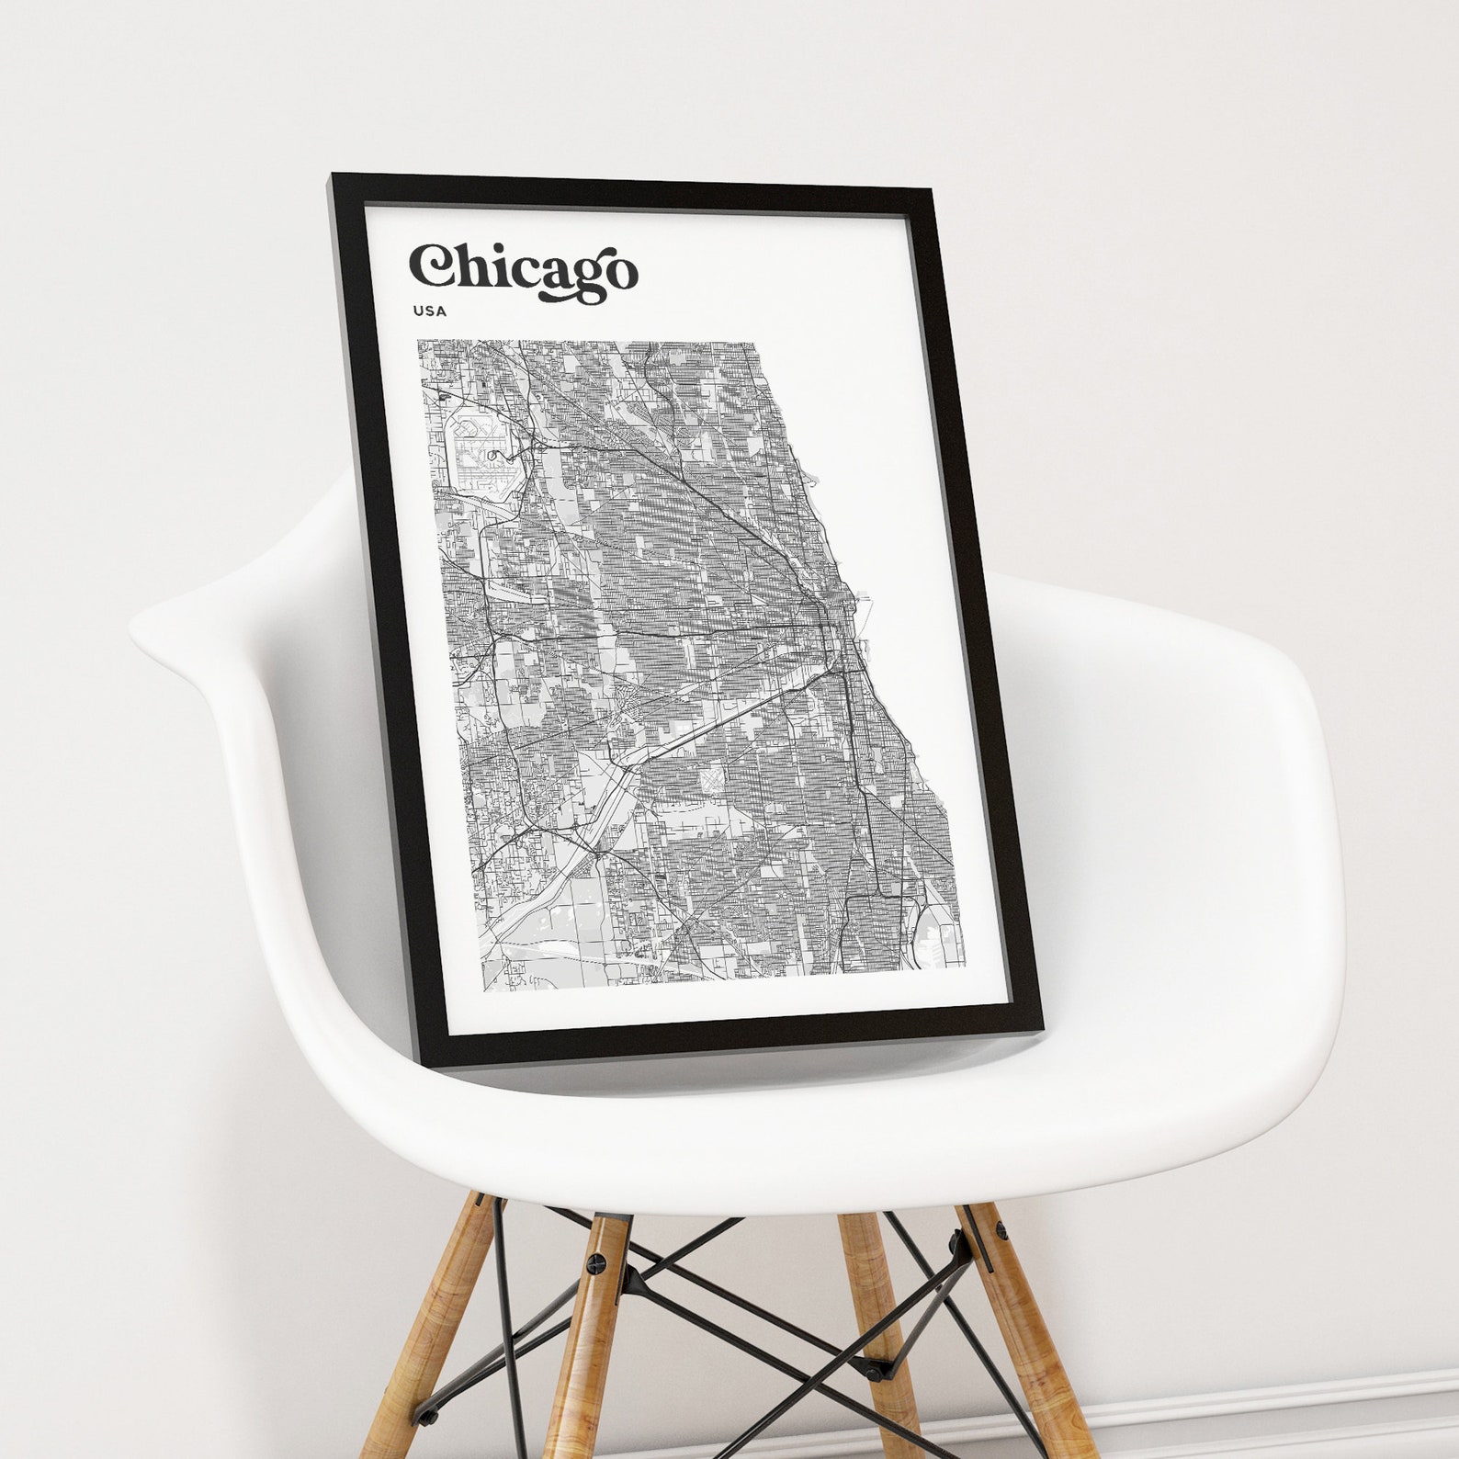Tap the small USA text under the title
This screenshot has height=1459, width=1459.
pos(430,311)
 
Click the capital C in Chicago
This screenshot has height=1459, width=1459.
pos(430,266)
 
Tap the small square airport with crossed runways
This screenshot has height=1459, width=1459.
pos(712,781)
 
